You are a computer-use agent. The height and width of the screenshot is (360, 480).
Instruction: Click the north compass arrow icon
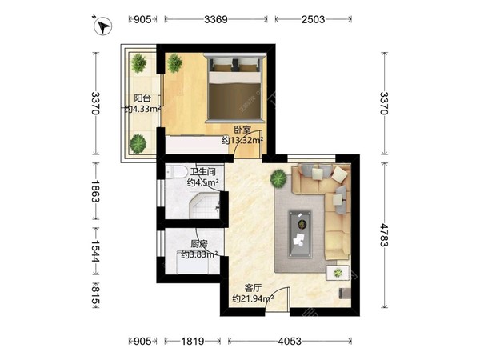pos(103,26)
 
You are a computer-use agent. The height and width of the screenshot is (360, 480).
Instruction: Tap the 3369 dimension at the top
pos(216,19)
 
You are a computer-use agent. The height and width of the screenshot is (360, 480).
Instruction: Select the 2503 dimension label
pos(313,19)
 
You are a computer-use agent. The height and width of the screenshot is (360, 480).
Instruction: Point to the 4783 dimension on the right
pos(384,234)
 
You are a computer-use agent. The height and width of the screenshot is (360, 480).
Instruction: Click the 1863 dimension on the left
pos(95,191)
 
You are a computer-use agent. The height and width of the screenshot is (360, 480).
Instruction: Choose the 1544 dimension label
pos(95,251)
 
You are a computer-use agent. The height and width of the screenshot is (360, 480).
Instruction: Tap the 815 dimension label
pos(95,294)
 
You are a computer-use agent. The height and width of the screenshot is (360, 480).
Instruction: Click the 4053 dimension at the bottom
pos(290,341)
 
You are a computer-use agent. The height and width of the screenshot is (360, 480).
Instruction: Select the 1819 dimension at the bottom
pos(193,341)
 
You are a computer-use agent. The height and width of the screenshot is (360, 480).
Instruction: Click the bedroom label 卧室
pos(242,130)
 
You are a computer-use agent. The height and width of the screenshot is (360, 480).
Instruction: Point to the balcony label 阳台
pos(142,98)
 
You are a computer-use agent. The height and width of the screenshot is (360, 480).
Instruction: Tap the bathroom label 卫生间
pos(202,172)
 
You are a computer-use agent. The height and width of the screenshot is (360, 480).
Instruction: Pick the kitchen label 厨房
pos(199,244)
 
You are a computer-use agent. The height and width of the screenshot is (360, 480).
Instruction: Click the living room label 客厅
pos(253,288)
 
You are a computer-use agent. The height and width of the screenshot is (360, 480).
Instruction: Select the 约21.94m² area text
pos(253,298)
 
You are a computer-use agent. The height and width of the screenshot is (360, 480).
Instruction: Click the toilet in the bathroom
pos(177,172)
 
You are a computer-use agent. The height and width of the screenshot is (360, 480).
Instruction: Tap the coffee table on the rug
pos(300,234)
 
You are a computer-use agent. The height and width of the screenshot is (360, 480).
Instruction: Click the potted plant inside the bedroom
pos(174,63)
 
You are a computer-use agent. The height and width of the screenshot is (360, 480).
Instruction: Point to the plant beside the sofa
pos(278,178)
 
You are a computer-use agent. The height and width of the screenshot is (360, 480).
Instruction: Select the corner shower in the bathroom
pos(205,206)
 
